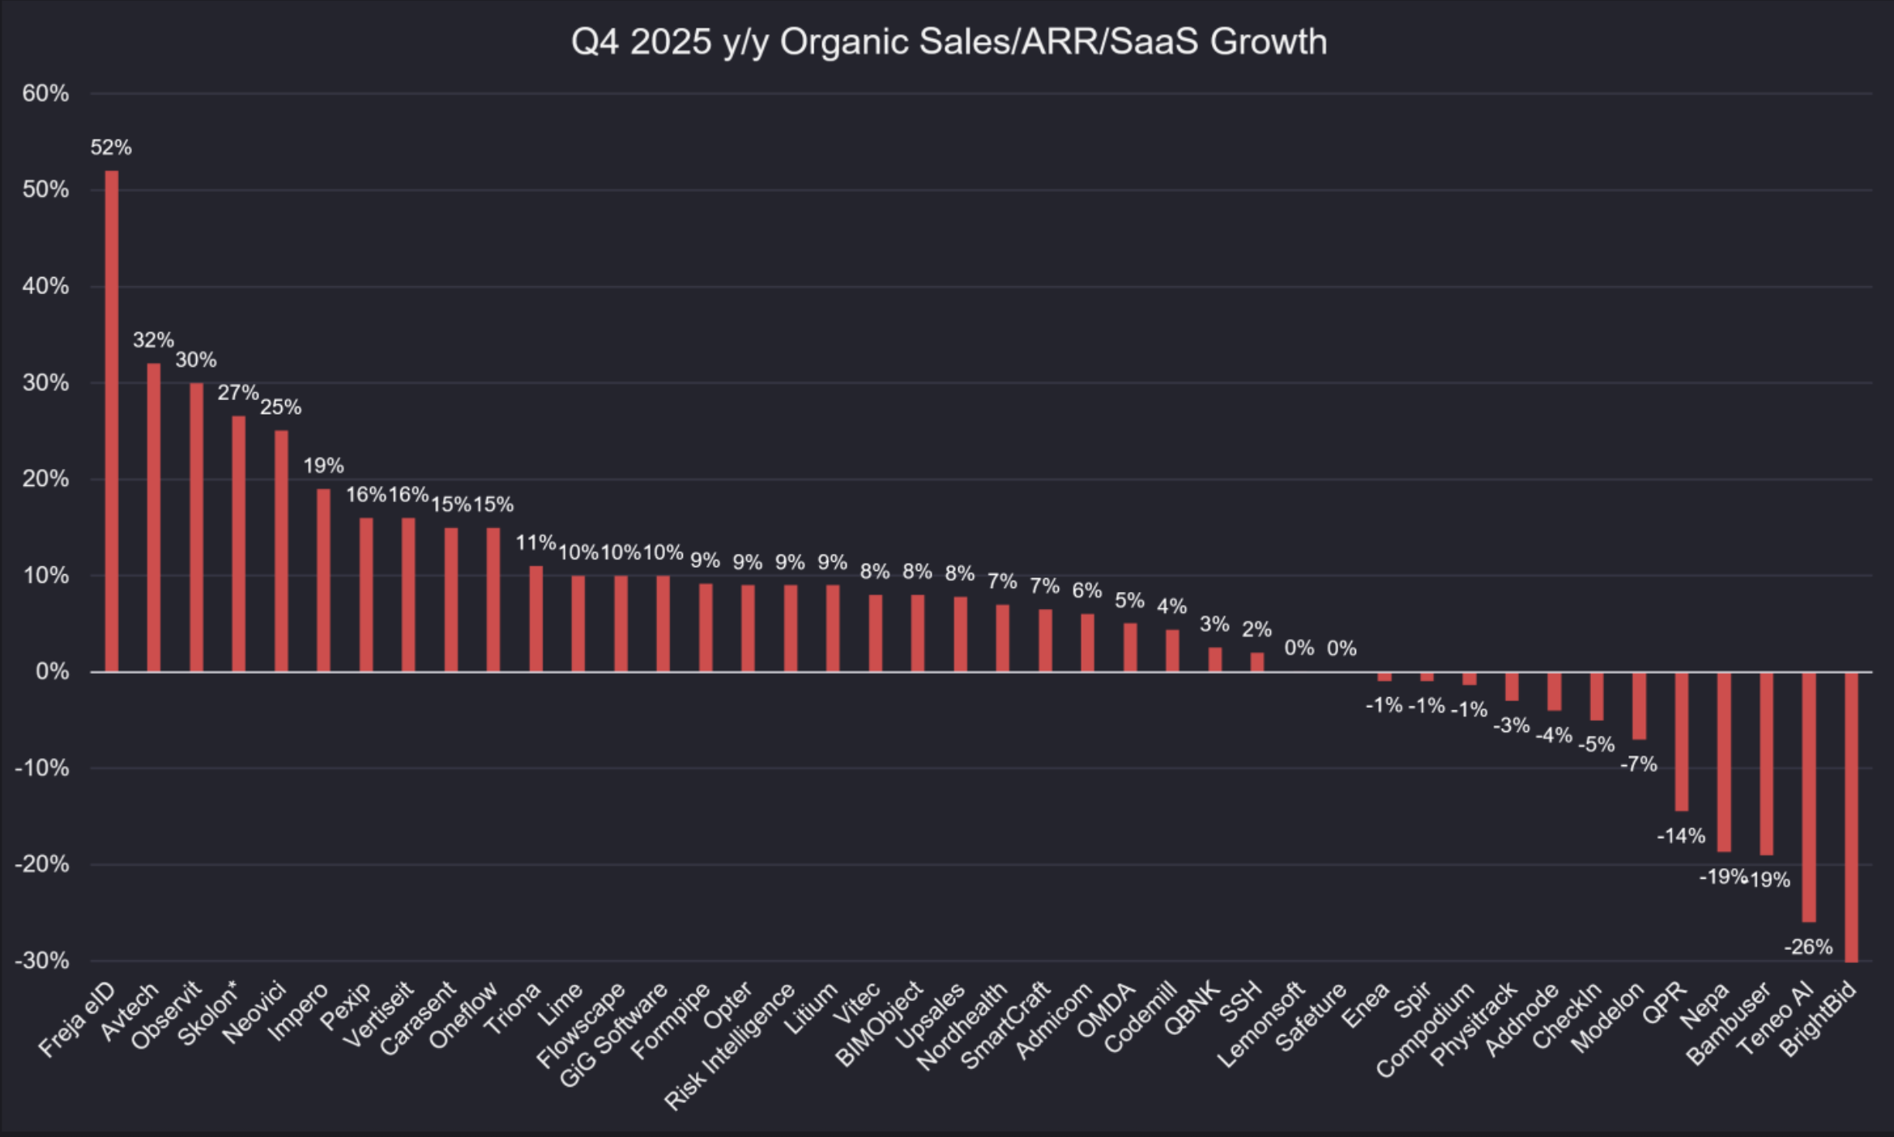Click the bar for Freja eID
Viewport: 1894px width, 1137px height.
112,421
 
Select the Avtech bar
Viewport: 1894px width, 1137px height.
154,517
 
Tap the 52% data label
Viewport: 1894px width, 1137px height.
111,147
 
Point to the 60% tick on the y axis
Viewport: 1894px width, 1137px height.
45,94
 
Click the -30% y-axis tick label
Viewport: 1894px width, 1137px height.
42,961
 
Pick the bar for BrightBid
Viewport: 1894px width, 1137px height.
1851,817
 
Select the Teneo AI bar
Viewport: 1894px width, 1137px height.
1809,797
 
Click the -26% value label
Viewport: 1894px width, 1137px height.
1808,947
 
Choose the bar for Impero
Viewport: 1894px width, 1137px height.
323,580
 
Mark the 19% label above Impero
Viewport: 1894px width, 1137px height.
323,466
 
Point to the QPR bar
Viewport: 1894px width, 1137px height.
1682,741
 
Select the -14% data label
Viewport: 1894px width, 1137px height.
1681,836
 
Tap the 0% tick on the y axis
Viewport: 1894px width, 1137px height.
53,671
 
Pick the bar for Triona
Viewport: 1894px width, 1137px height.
535,619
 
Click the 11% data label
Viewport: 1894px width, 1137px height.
535,543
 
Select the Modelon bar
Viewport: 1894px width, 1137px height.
1639,705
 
